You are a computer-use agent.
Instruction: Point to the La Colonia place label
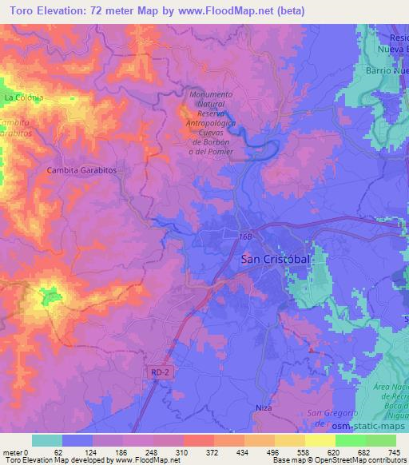click(22, 97)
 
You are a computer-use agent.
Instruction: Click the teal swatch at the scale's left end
click(46, 440)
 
